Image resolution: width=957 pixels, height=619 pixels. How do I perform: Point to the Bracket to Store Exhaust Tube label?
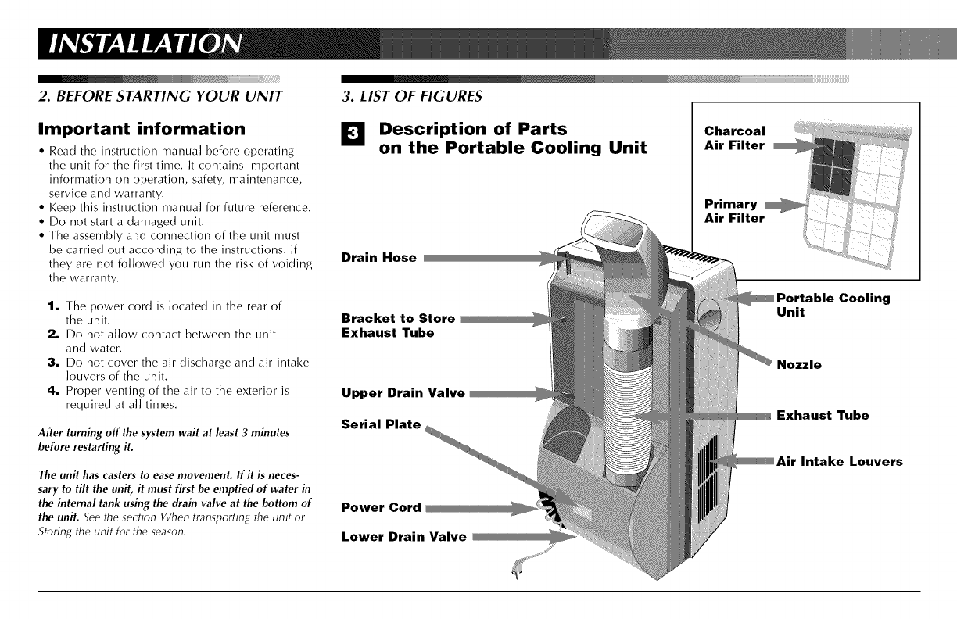(x=399, y=325)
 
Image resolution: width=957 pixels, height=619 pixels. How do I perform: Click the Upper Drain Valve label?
(x=403, y=393)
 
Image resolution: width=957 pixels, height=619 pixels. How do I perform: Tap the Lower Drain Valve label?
(x=404, y=536)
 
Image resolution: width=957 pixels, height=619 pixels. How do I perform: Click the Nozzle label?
(x=799, y=365)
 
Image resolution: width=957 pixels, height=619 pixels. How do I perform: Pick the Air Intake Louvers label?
(x=840, y=461)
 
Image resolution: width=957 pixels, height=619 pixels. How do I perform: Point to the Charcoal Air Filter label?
(x=735, y=138)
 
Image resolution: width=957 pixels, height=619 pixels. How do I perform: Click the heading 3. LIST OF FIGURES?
(x=412, y=96)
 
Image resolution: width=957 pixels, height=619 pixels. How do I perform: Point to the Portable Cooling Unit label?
(x=833, y=305)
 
